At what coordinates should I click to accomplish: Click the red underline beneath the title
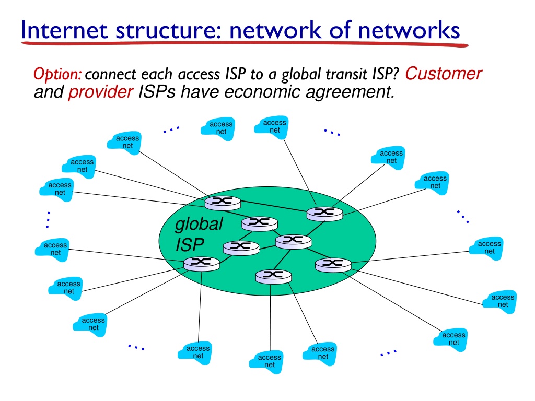pyautogui.click(x=245, y=44)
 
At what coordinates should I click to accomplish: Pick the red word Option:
pyautogui.click(x=57, y=74)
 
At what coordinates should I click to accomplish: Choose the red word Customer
pyautogui.click(x=443, y=73)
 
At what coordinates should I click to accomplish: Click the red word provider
pyautogui.click(x=101, y=92)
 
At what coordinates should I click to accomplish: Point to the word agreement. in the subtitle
pyautogui.click(x=351, y=92)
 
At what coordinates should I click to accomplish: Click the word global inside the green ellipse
pyautogui.click(x=199, y=225)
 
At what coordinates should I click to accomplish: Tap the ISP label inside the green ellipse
pyautogui.click(x=190, y=245)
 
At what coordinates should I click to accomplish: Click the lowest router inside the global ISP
pyautogui.click(x=273, y=276)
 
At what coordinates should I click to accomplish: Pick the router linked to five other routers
pyautogui.click(x=293, y=241)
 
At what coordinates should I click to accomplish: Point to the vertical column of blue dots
pyautogui.click(x=49, y=220)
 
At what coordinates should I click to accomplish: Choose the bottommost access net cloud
pyautogui.click(x=266, y=362)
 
